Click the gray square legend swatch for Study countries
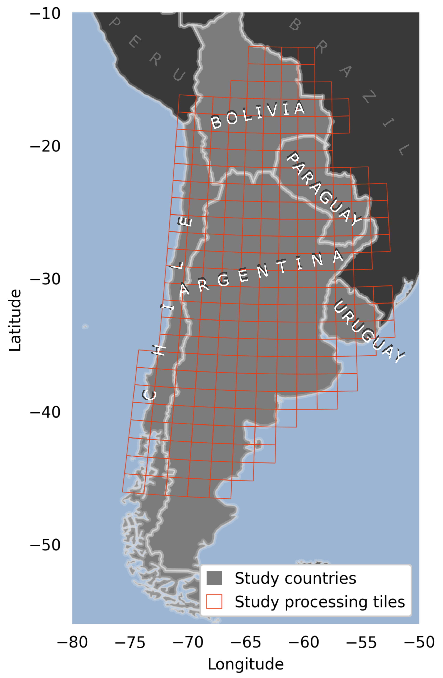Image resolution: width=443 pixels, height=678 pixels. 214,578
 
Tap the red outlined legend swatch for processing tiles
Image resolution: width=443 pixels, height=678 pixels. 214,601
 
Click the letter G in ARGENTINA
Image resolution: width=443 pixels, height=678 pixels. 223,280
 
